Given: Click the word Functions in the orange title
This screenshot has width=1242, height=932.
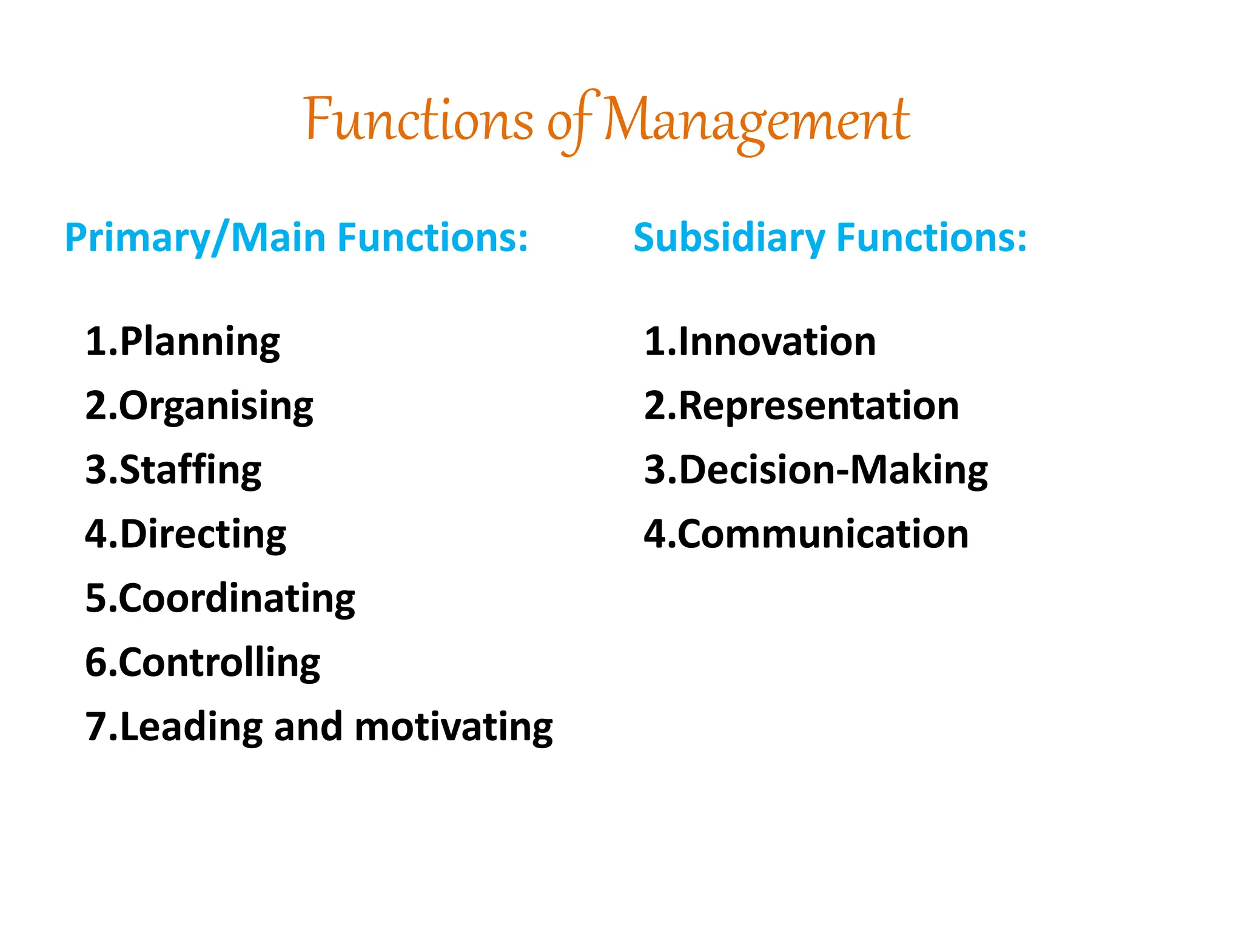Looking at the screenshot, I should click(x=418, y=119).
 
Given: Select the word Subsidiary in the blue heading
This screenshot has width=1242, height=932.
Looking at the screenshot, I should click(x=728, y=237).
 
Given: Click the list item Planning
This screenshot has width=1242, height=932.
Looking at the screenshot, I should click(x=200, y=342).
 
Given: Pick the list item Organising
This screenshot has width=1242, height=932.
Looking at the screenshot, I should click(x=216, y=406).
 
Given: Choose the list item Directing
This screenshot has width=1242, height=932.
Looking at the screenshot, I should click(x=203, y=535).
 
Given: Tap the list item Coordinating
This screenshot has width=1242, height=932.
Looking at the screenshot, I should click(x=237, y=598).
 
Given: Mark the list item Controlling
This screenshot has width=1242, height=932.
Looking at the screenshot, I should click(x=219, y=663).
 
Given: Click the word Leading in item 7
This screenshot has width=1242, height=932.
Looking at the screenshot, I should click(x=191, y=727).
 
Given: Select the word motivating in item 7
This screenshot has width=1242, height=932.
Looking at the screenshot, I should click(x=453, y=727).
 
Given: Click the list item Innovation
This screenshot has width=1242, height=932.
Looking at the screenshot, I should click(x=777, y=342).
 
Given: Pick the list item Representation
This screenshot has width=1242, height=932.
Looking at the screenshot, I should click(x=818, y=406).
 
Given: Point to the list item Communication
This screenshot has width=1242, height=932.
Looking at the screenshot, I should click(x=822, y=535).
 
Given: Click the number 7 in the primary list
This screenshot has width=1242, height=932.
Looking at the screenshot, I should click(x=96, y=727).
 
